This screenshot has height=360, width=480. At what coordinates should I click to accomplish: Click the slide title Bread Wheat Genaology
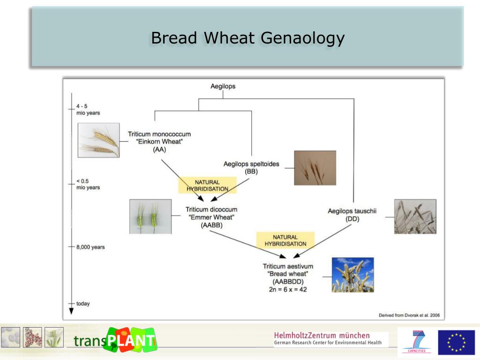coord(247,38)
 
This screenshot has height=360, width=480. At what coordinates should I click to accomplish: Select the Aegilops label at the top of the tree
coord(223,86)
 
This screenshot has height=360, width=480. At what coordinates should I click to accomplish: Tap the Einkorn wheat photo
coord(98,140)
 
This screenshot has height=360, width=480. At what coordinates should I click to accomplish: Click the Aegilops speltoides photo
coord(315,168)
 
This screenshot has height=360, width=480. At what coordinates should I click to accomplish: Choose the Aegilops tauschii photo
coord(415,217)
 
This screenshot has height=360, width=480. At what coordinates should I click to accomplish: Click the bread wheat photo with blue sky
coord(352,275)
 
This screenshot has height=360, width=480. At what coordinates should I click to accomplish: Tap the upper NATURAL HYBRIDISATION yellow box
coord(207,185)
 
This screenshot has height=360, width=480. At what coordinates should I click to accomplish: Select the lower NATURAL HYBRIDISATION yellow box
coord(285,240)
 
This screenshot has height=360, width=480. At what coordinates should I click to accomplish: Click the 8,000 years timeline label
coord(90,247)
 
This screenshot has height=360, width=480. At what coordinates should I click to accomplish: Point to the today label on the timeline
coord(83,304)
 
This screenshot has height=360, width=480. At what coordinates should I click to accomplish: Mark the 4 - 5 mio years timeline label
coord(88,110)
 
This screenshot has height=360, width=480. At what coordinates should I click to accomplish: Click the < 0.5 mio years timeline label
coord(88,184)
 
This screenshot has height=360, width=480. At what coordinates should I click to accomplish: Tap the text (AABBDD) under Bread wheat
coord(288,282)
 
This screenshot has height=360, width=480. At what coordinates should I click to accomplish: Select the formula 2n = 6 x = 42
coord(288,290)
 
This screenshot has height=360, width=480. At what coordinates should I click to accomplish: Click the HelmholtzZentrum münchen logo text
coord(322,336)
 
